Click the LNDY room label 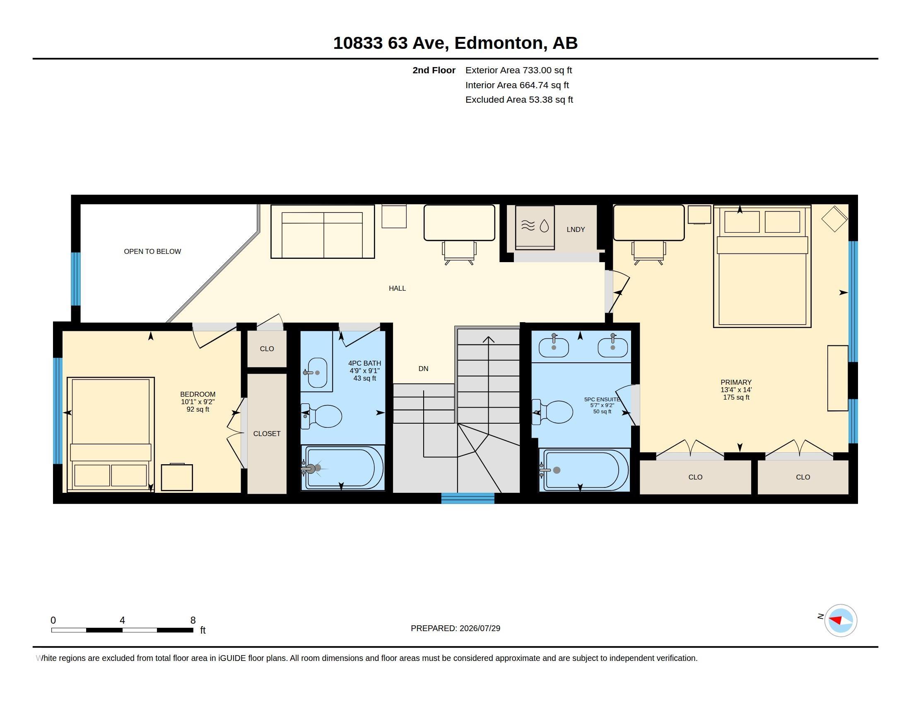[x=576, y=229]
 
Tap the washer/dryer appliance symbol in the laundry [x=535, y=227]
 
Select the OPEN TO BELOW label [x=152, y=251]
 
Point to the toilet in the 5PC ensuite [x=552, y=412]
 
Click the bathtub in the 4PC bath [x=342, y=468]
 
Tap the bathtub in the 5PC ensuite [x=583, y=470]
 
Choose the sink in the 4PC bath [x=317, y=372]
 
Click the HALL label [x=397, y=288]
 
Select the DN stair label [x=423, y=369]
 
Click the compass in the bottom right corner [x=841, y=620]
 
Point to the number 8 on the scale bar [x=193, y=620]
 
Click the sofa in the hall [x=323, y=231]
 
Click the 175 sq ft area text [x=736, y=398]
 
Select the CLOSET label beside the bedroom [x=267, y=434]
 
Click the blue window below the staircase [x=468, y=498]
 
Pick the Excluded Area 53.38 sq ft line [x=519, y=100]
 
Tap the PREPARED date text [x=455, y=628]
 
